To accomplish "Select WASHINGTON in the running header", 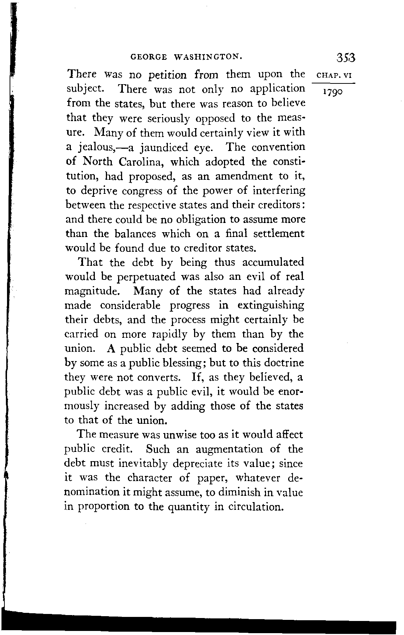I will (x=208, y=57).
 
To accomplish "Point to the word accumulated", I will (x=273, y=262).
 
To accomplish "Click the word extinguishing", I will (x=271, y=306).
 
